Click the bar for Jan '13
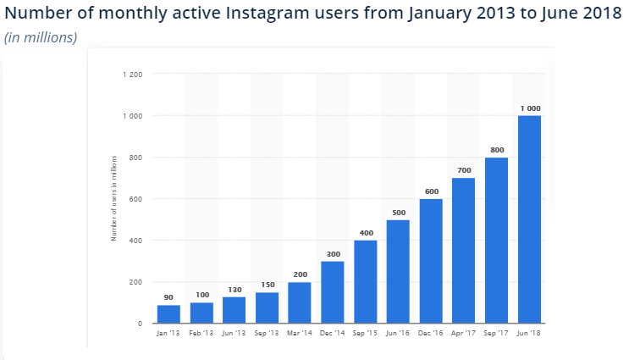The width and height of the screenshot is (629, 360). [x=168, y=313]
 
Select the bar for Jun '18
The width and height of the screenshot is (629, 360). [x=528, y=219]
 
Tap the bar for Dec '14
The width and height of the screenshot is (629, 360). [x=332, y=292]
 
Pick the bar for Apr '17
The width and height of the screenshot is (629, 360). [x=463, y=251]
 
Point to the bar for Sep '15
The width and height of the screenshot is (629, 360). [x=365, y=282]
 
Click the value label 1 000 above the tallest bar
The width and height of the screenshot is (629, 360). [x=529, y=108]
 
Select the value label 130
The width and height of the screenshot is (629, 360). [x=234, y=290]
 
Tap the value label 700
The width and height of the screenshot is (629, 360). [x=463, y=170]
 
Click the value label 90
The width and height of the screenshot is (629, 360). [x=168, y=297]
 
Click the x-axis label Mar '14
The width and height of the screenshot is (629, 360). [x=299, y=335]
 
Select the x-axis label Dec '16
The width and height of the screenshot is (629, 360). [x=430, y=335]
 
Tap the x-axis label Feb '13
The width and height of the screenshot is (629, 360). [x=201, y=335]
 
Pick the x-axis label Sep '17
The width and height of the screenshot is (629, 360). [x=496, y=335]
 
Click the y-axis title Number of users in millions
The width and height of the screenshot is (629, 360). [x=113, y=198]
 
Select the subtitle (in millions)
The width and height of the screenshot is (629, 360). [x=41, y=37]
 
